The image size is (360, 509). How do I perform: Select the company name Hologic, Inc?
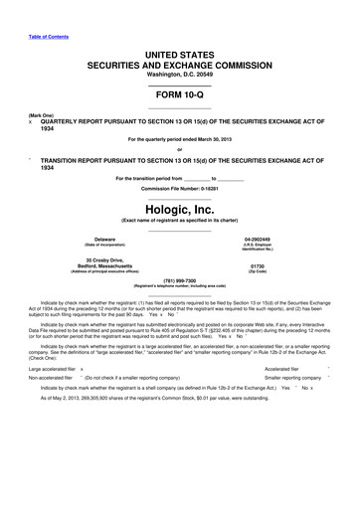coord(179,182)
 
